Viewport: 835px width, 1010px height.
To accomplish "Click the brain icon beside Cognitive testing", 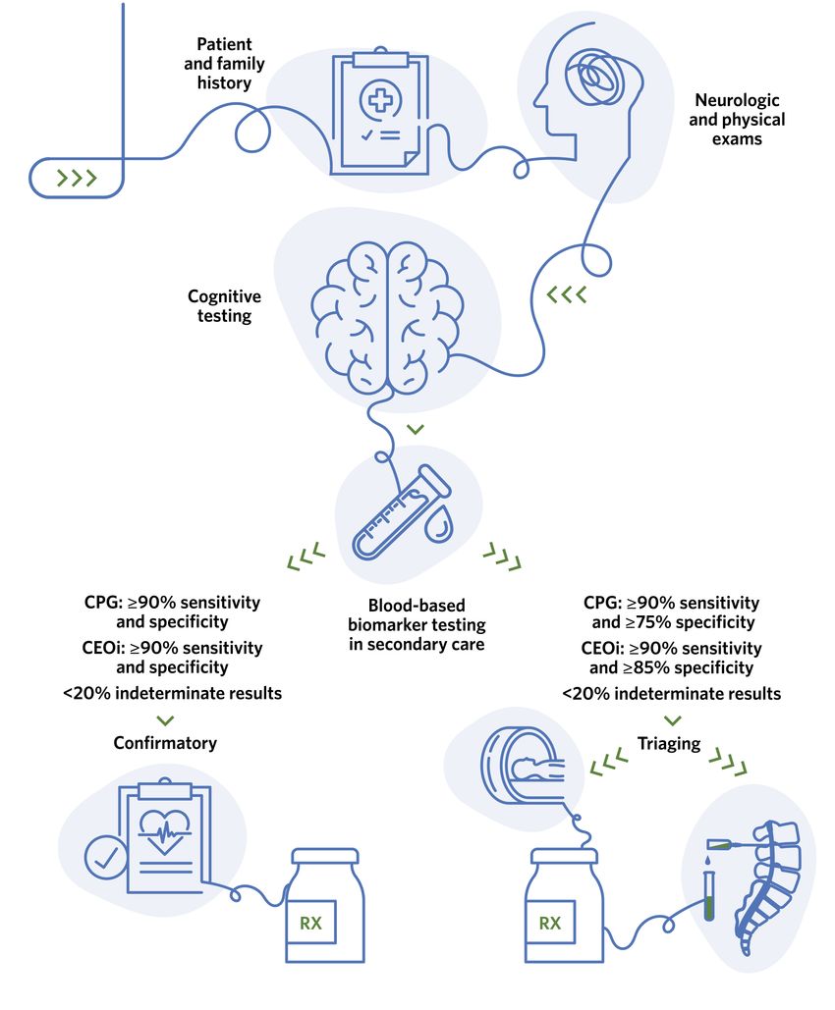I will coord(386,314).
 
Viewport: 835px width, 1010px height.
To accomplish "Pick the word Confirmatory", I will coord(165,743).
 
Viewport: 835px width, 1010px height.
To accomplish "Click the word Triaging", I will coord(669,743).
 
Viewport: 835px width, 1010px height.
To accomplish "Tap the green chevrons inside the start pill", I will coord(77,178).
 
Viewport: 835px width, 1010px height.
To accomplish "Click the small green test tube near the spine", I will coord(708,897).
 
